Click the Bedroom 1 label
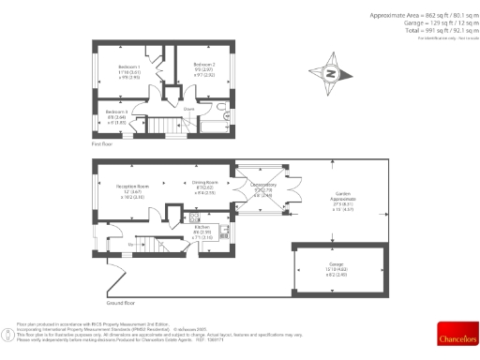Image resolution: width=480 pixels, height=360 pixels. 129,68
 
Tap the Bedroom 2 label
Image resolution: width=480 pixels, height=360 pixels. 205,65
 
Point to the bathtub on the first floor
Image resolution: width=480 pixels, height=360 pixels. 217,121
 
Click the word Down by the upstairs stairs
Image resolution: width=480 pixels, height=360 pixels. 188,109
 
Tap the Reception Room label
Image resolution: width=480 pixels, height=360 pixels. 132,187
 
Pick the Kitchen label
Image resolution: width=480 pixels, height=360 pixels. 202,227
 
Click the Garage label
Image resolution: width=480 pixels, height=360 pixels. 335,266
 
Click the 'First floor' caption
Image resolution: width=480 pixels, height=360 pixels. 102,145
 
